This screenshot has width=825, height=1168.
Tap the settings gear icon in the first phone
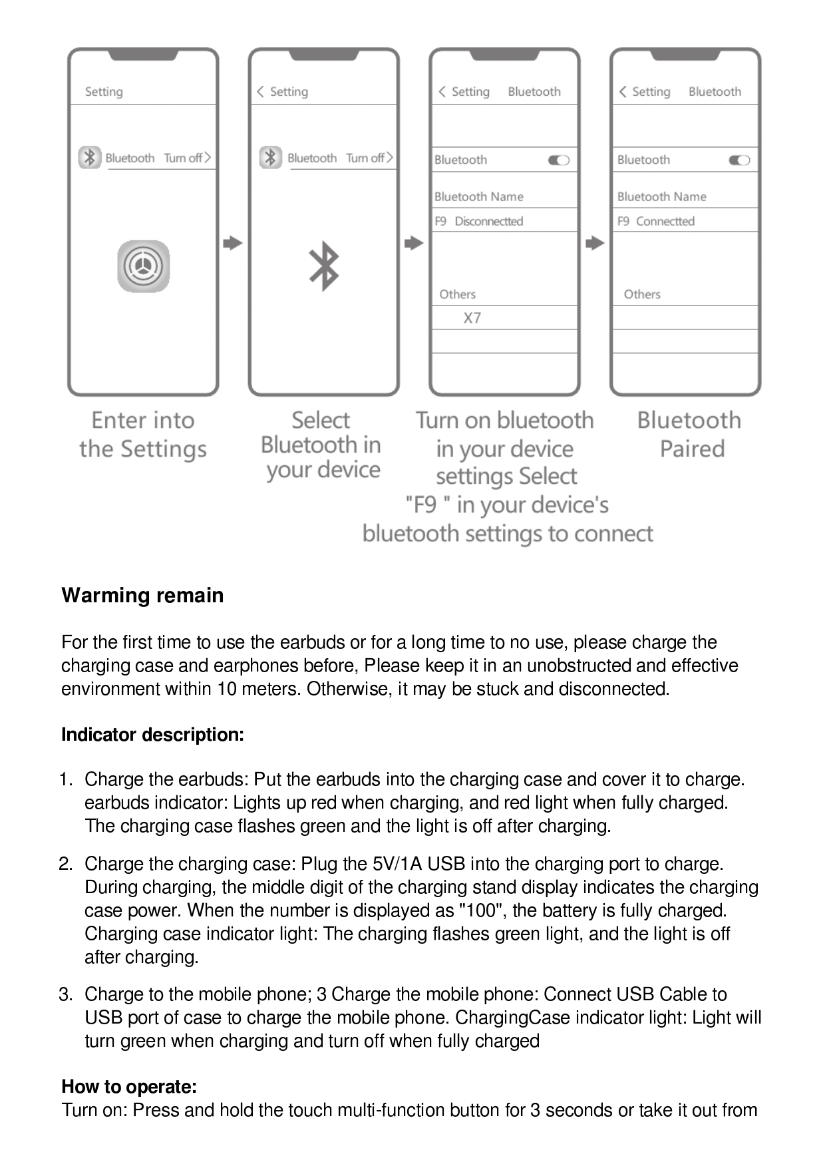click(144, 266)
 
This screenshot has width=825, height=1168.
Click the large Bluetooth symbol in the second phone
click(324, 266)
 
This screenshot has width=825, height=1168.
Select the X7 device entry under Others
click(472, 318)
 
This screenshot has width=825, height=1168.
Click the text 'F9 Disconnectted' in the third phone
click(479, 221)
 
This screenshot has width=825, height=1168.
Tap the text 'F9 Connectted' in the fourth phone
click(656, 221)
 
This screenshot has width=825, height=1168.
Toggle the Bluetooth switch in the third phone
click(558, 160)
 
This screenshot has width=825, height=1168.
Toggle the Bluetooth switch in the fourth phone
click(739, 160)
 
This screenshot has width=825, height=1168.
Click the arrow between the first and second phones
click(233, 243)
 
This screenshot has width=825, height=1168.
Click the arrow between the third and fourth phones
click(595, 243)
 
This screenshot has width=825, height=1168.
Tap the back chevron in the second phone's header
click(260, 91)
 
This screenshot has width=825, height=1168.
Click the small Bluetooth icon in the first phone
click(90, 158)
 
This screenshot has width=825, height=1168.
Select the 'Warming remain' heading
click(142, 595)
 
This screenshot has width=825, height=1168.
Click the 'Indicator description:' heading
click(152, 735)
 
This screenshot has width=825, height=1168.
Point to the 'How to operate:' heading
click(129, 1087)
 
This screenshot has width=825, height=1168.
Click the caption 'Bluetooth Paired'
click(690, 435)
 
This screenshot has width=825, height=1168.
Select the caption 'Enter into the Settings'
click(143, 435)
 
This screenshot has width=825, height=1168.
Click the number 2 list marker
click(65, 864)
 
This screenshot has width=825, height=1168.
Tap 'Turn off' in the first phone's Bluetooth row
click(184, 158)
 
